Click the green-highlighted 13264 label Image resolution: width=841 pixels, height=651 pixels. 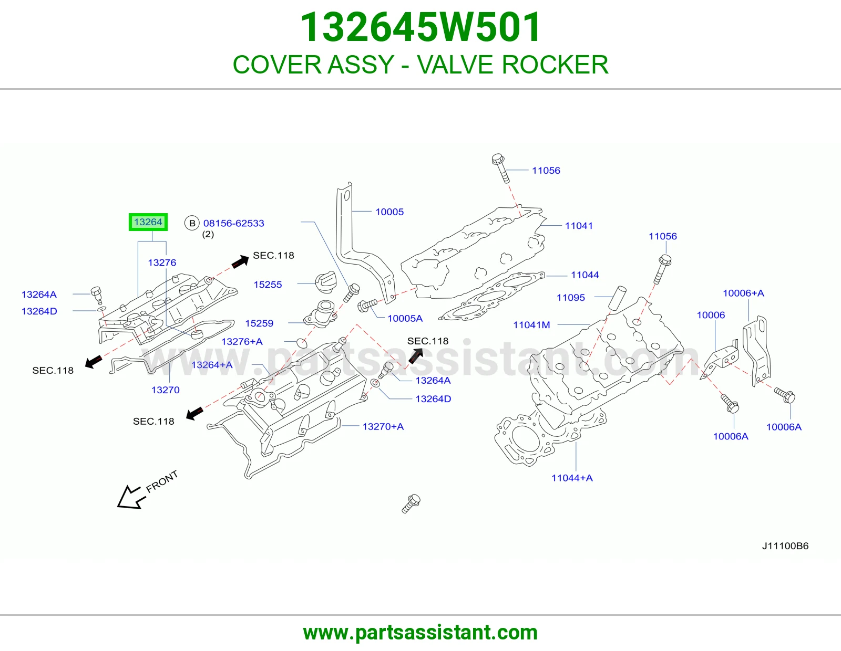click(x=148, y=222)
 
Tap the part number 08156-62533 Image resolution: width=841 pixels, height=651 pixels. click(x=234, y=223)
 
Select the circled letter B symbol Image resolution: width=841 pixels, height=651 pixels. click(x=192, y=223)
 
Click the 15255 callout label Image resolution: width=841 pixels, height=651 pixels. click(x=268, y=285)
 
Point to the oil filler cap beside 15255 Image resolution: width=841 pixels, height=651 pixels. click(x=326, y=282)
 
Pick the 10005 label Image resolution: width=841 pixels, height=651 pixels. click(x=389, y=212)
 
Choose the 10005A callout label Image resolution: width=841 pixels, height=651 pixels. click(x=405, y=318)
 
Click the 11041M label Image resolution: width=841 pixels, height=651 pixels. click(x=531, y=325)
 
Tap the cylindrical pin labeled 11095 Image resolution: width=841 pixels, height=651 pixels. click(x=617, y=298)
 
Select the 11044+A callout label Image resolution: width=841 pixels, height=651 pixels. click(x=572, y=478)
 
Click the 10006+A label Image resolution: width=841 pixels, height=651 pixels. click(x=743, y=293)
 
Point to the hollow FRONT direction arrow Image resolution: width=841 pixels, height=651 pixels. click(x=131, y=497)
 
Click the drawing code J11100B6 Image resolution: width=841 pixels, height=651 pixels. click(x=785, y=546)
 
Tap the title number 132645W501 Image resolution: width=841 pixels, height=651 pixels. click(x=420, y=27)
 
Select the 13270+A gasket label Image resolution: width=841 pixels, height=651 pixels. click(x=383, y=426)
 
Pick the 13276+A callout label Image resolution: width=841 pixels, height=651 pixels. click(x=242, y=341)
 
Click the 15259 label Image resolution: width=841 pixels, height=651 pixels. click(x=259, y=323)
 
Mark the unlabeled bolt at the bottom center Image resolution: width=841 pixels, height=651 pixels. click(x=411, y=503)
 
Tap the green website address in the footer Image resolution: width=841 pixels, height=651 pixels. click(x=420, y=633)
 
